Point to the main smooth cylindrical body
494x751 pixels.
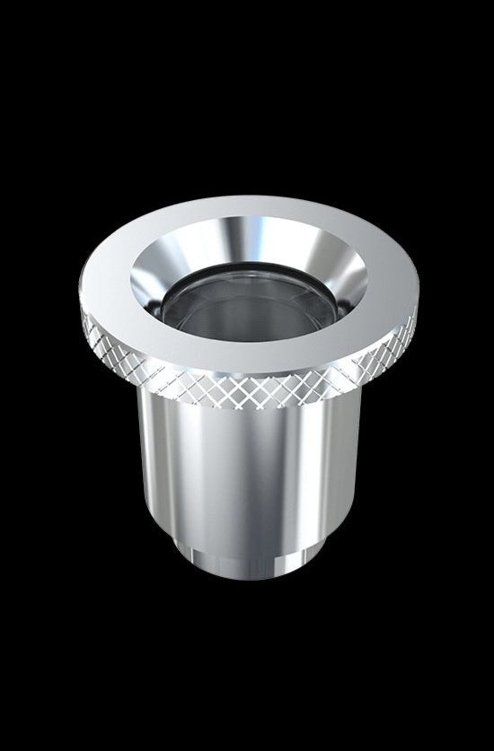point(247,476)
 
